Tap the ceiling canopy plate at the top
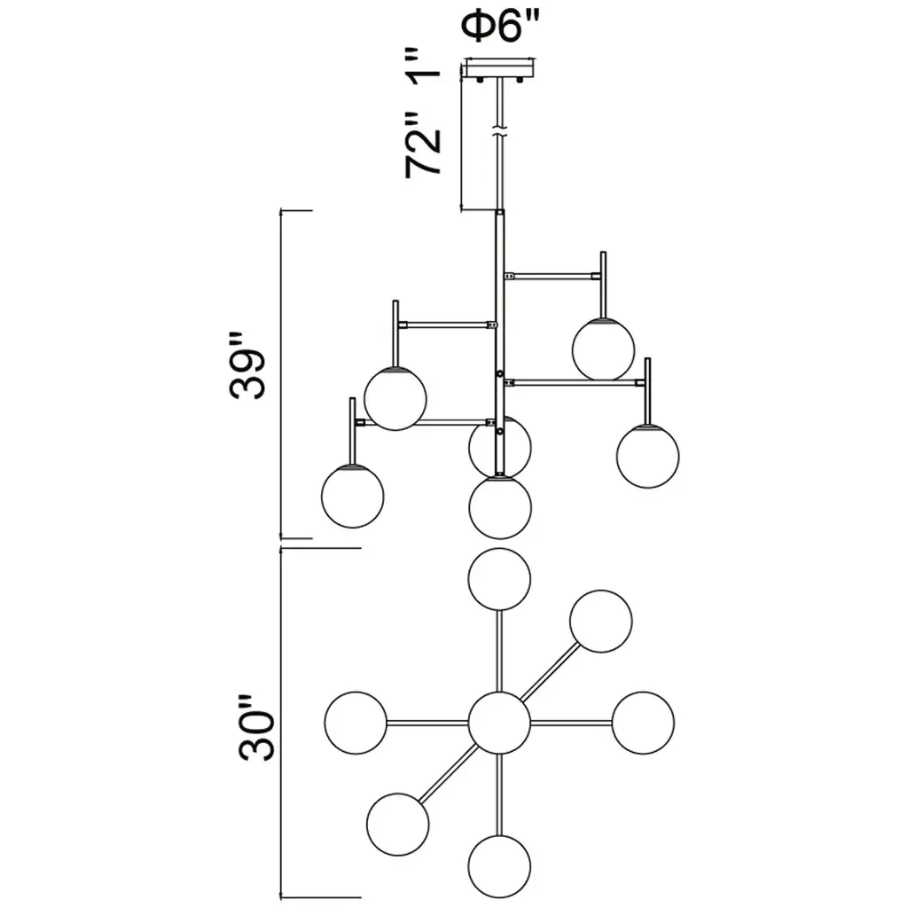tap(502, 68)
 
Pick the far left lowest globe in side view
tap(353, 497)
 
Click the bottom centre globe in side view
tap(501, 507)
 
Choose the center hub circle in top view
tap(498, 723)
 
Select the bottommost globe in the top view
tap(500, 865)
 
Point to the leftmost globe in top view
tap(356, 723)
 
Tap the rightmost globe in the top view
tap(643, 723)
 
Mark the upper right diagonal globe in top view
tap(600, 621)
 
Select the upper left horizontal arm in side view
tap(447, 325)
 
